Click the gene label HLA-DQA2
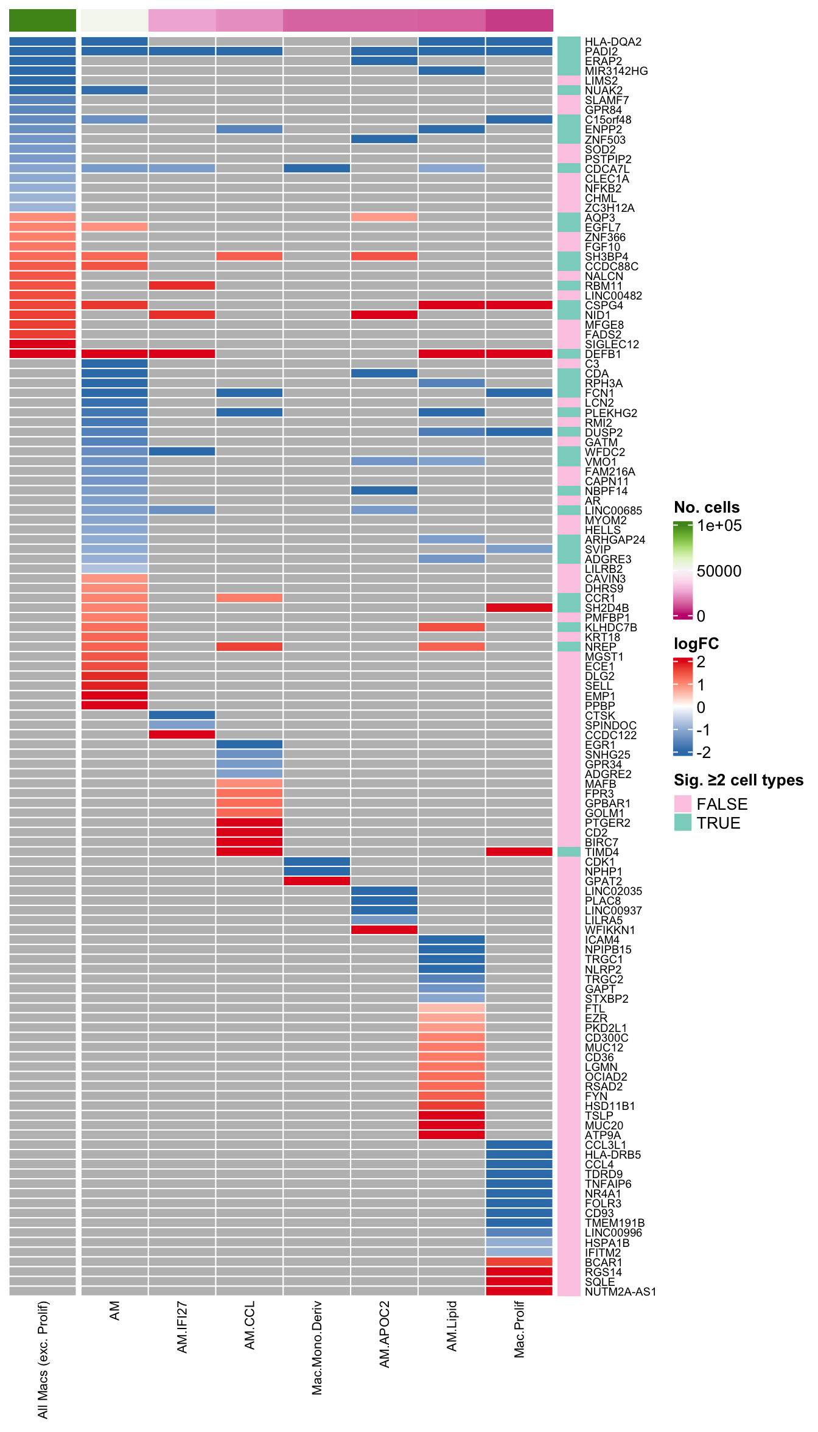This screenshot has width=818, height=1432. (613, 42)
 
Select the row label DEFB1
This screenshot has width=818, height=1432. (603, 354)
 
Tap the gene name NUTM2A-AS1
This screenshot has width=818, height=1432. (620, 1292)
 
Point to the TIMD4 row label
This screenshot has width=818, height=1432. (602, 852)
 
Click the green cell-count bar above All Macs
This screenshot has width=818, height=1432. (43, 20)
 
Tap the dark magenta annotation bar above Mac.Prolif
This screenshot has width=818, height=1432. (519, 20)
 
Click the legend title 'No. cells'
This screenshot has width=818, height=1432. (707, 508)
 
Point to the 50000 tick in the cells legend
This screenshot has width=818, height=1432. (719, 571)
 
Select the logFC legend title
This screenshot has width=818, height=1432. (696, 644)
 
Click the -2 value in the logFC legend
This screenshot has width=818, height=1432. (704, 753)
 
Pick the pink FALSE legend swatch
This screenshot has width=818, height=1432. (683, 804)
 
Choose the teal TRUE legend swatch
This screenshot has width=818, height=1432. (683, 823)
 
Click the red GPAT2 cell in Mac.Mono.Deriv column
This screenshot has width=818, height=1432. (317, 881)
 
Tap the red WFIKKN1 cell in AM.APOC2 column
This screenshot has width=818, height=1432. (384, 930)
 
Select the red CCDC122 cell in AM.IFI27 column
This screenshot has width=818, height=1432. (182, 735)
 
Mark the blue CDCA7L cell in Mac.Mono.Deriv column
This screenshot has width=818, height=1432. (317, 168)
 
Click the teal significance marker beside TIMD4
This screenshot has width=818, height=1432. (569, 852)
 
